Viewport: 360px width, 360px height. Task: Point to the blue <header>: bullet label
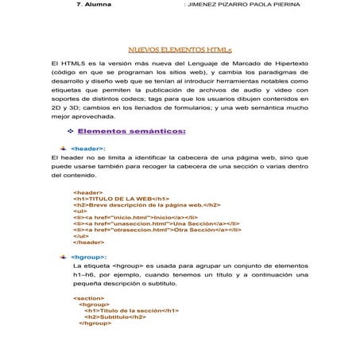coord(88,148)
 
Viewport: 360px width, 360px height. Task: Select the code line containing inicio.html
coord(134,216)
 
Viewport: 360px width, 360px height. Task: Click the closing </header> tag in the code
coord(89,242)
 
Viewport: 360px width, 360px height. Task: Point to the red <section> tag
coord(88,297)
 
